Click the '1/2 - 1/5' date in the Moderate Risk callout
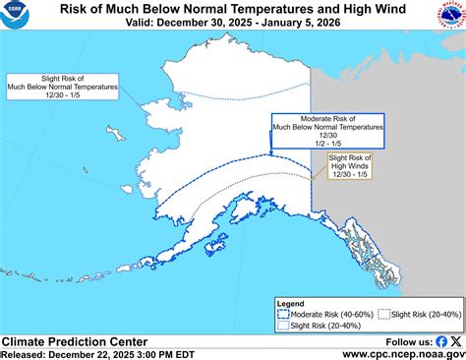point(327,143)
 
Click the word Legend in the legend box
point(292,304)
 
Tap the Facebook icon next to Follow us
point(440,341)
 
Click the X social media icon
point(455,341)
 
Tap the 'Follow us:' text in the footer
point(405,341)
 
